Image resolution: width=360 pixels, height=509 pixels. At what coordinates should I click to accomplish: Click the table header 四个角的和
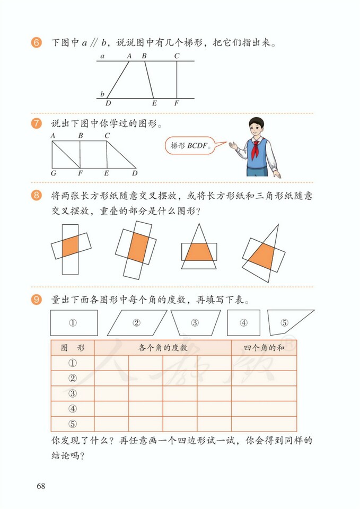point(264,348)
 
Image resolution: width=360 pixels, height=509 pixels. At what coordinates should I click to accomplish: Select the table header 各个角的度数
point(163,348)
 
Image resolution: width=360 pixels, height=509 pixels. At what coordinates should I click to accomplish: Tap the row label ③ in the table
point(73,393)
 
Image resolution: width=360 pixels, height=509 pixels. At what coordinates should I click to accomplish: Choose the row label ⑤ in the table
point(73,424)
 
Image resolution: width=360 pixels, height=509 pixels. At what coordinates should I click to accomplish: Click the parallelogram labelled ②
point(137,322)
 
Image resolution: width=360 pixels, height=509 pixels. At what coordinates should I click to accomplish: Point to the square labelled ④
point(243,322)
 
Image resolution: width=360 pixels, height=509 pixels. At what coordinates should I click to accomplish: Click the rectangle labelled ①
point(74,322)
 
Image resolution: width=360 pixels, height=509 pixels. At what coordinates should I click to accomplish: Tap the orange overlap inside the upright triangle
point(199,252)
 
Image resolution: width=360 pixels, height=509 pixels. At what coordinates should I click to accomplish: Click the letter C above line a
point(177,55)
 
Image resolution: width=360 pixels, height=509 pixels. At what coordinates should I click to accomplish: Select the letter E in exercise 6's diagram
point(154,103)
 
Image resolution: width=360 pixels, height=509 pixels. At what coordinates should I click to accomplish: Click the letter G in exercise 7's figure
point(54,173)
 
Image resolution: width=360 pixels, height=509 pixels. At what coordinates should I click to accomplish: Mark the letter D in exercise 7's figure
point(135,173)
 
